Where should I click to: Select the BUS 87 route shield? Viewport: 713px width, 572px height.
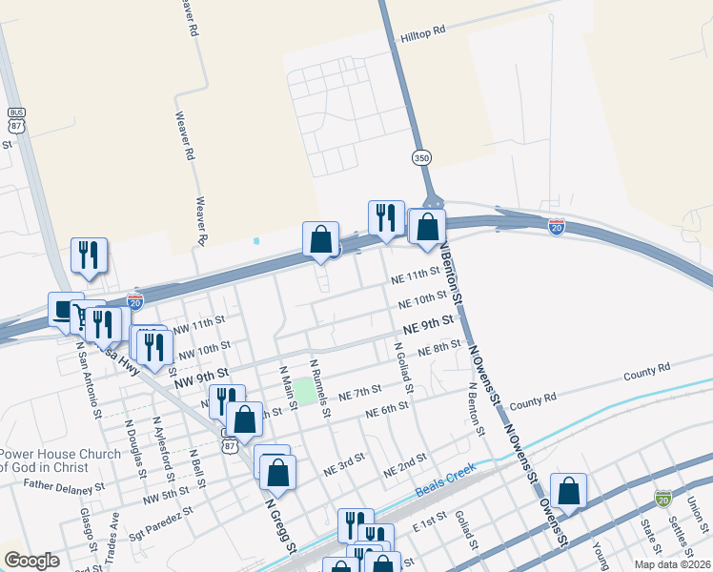coord(16,119)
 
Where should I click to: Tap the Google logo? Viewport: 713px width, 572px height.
coord(31,561)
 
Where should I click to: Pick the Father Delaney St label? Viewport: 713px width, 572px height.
coord(64,486)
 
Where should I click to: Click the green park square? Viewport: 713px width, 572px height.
coord(304,389)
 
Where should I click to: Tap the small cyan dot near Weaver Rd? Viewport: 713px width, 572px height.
coord(256,241)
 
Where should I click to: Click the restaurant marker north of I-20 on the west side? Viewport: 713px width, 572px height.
coord(89,255)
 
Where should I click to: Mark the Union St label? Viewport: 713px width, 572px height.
coord(697,516)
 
